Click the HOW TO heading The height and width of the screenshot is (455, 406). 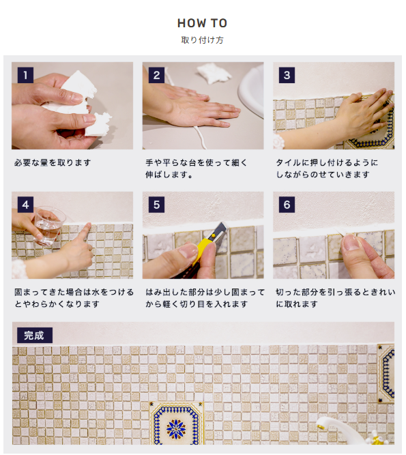tap(202, 23)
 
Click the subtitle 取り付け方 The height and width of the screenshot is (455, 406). tap(202, 40)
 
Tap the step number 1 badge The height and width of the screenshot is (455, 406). tap(25, 75)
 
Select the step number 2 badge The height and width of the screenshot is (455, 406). tap(156, 75)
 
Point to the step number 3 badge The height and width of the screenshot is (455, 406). tap(287, 75)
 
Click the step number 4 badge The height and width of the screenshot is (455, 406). tap(25, 205)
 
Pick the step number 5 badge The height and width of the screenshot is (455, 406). tap(156, 205)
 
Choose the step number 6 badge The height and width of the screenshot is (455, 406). tap(287, 205)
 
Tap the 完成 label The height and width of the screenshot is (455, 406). tap(35, 336)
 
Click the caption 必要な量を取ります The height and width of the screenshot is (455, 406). tap(53, 162)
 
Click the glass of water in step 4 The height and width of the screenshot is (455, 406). tap(49, 225)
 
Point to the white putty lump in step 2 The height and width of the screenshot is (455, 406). tap(214, 73)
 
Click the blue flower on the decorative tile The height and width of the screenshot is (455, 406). tap(176, 429)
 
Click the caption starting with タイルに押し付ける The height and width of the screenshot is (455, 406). tap(327, 168)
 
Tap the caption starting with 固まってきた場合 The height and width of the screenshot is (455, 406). tap(74, 298)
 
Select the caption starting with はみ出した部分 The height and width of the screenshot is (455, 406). tap(205, 298)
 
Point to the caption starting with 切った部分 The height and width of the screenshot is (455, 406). tap(336, 298)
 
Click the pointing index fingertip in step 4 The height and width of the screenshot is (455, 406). tap(89, 226)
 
